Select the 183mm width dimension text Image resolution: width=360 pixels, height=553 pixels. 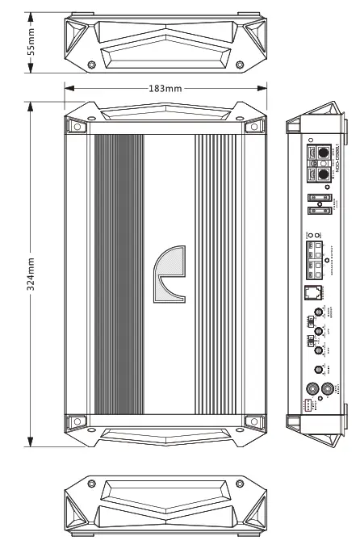(x=165, y=88)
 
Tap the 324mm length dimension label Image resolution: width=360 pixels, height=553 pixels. (x=31, y=274)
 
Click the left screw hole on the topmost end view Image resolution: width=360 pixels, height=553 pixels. (x=92, y=65)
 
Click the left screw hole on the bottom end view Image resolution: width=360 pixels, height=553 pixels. (x=92, y=484)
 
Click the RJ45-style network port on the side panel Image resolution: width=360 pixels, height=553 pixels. (x=312, y=292)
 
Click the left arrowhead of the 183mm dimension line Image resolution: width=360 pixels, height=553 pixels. (x=68, y=88)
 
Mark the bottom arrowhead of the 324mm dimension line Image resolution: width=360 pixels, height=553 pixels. (x=31, y=443)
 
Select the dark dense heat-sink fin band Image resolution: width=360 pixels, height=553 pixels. (x=119, y=274)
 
